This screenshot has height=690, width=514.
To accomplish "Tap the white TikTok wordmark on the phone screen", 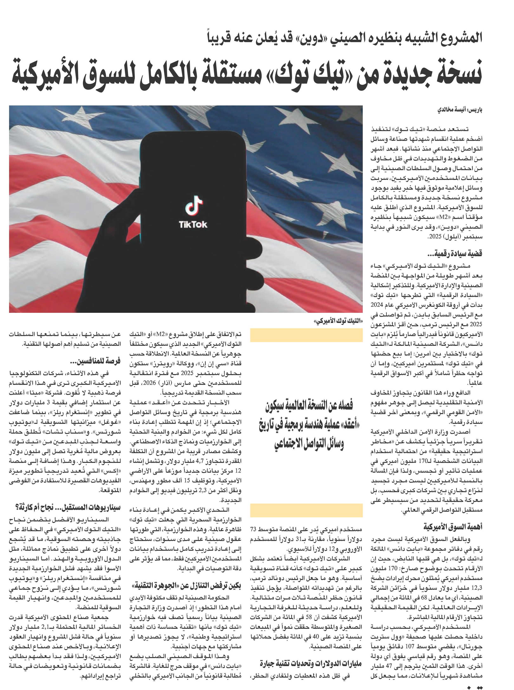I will (x=193, y=224).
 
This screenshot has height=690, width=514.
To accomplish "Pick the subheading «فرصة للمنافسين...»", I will (x=95, y=361).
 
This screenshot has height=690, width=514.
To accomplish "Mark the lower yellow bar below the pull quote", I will (x=306, y=510).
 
